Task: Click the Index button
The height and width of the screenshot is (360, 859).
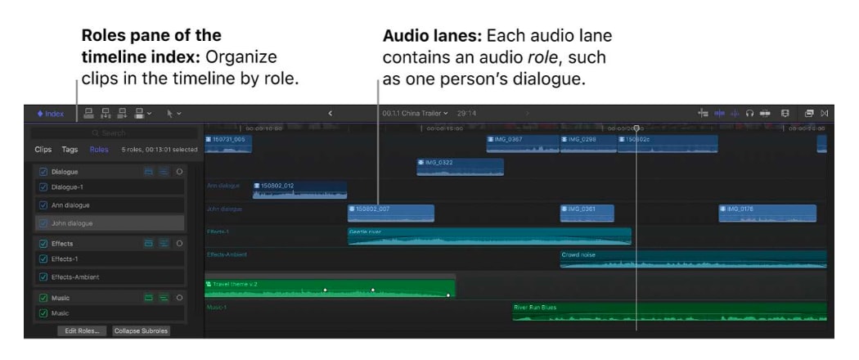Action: [x=50, y=113]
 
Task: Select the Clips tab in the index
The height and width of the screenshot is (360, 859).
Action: [x=43, y=150]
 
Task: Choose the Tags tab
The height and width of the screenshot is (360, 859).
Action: [x=70, y=150]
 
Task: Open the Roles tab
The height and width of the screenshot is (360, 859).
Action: [x=99, y=150]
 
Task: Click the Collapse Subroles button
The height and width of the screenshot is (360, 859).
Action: [x=141, y=331]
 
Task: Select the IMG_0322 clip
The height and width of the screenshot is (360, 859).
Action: [x=460, y=167]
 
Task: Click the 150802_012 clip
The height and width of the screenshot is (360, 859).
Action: [x=299, y=190]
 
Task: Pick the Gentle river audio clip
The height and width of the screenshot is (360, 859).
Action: [x=488, y=236]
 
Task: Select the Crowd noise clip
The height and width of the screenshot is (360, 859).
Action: [x=692, y=259]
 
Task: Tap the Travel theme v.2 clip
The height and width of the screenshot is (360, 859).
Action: [x=329, y=288]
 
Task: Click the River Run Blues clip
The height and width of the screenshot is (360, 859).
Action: [x=668, y=312]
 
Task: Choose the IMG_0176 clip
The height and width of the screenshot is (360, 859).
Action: [x=767, y=214]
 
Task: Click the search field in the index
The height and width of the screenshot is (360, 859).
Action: [x=115, y=133]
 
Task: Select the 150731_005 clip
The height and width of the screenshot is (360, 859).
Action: [x=228, y=144]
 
